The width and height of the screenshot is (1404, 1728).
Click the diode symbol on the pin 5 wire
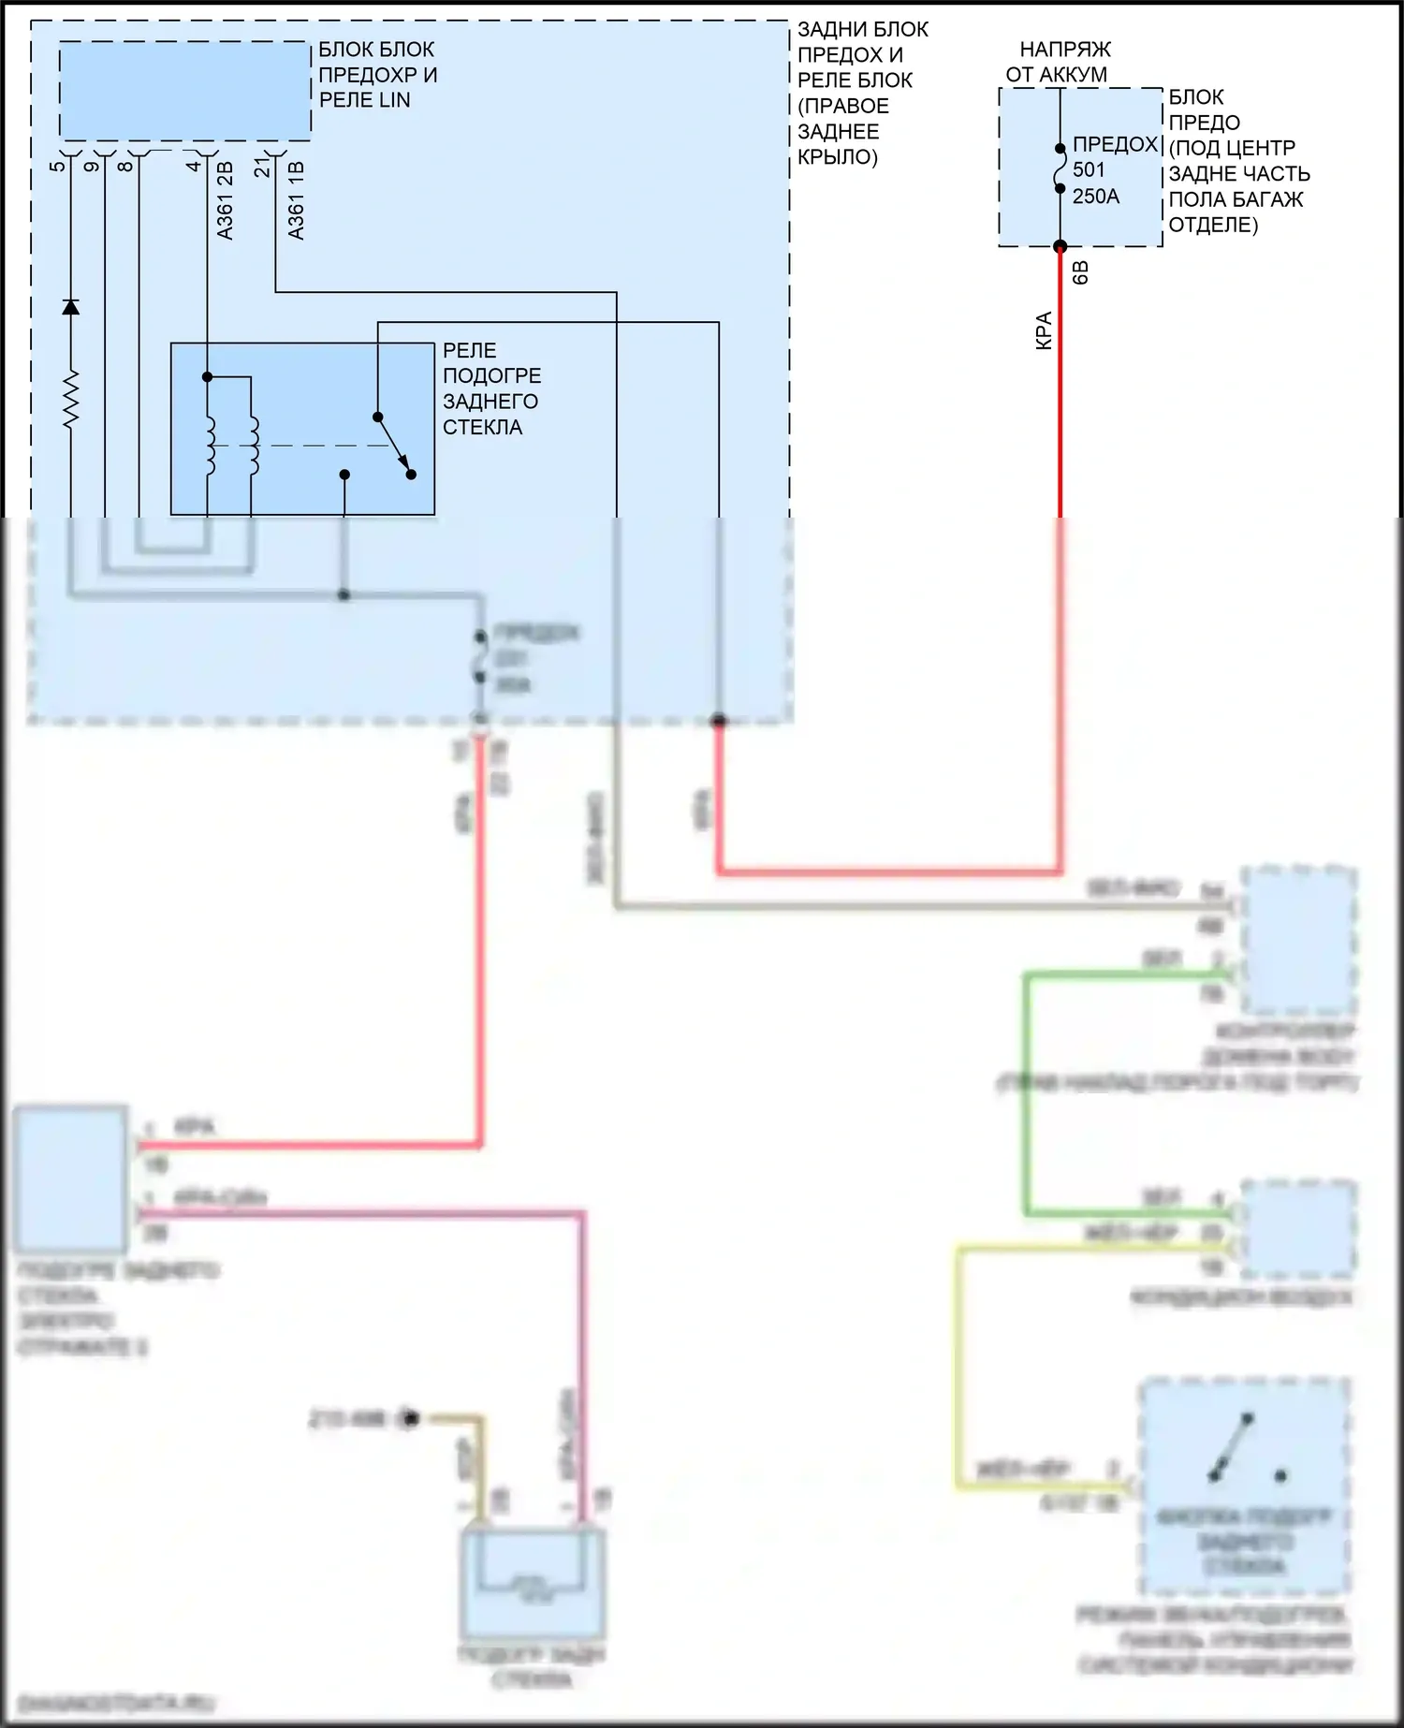pos(70,307)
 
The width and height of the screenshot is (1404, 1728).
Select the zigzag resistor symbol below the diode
pos(70,400)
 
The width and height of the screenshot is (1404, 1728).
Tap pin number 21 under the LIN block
pos(263,167)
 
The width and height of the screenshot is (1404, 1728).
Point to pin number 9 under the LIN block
pos(91,167)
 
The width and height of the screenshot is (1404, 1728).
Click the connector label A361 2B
pos(225,200)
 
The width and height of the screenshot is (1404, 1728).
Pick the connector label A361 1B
pos(296,200)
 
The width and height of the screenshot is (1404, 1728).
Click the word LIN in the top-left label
pos(392,100)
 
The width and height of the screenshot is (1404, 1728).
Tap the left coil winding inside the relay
pos(210,445)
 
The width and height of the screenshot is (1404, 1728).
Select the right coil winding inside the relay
pos(254,445)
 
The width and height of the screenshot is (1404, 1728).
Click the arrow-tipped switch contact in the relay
pos(393,445)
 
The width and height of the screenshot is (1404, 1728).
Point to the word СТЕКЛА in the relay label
pos(482,427)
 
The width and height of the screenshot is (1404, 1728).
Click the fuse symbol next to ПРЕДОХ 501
pos(1060,168)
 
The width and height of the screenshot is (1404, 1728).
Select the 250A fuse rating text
pos(1095,196)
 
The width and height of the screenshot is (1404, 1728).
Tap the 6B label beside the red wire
pos(1080,272)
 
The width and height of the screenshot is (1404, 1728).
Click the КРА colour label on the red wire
pos(1044,330)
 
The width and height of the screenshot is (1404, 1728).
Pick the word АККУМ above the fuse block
pos(1081,74)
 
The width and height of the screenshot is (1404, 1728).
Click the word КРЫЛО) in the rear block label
pos(838,156)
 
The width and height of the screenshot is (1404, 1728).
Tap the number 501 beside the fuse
pos(1089,169)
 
